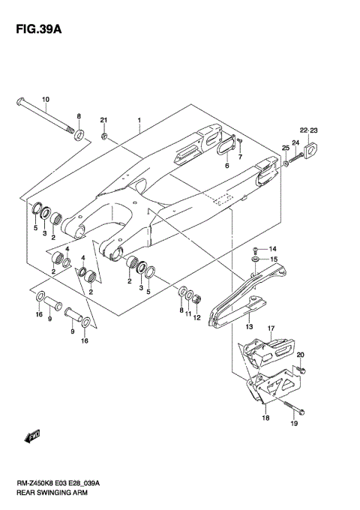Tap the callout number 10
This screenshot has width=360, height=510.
point(45,100)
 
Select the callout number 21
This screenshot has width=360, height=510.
point(104,121)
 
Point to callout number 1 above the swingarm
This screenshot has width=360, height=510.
point(139,121)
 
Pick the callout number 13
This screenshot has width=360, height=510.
point(248,327)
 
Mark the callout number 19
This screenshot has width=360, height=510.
point(293,424)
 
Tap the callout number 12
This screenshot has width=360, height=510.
point(197,318)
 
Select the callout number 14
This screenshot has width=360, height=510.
point(273,248)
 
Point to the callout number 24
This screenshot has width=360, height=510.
point(295,143)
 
